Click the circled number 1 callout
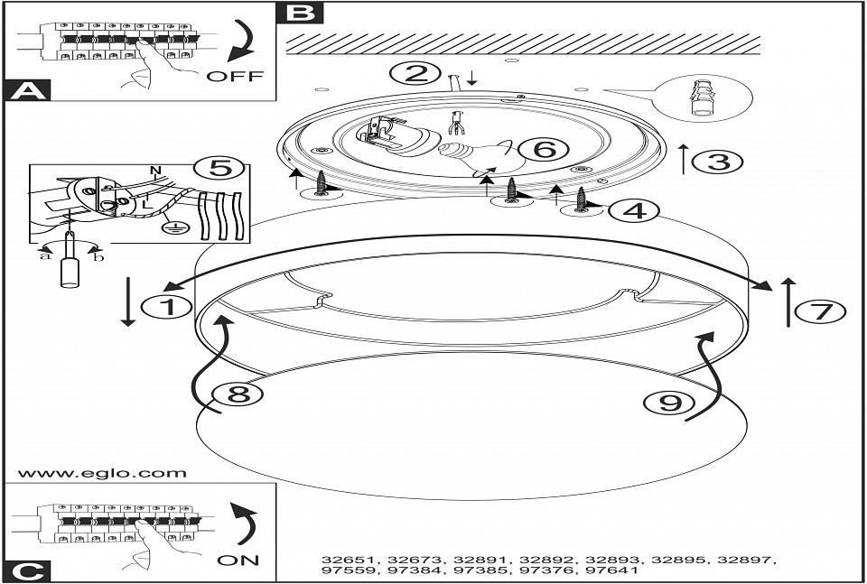pos(167,307)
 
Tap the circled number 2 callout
pos(415,73)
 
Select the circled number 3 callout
pos(717,162)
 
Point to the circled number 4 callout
pos(634,210)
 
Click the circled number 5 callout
pos(219,168)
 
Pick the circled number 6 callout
pos(544,149)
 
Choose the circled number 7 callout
pos(820,311)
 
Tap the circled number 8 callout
pos(238,394)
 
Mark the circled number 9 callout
pos(669,403)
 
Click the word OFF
pos(235,76)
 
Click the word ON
pos(238,560)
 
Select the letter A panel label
pos(29,90)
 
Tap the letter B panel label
pos(300,12)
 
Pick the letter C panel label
pos(28,571)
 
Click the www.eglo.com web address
pos(102,474)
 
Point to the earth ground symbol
pos(174,227)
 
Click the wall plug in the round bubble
pos(701,97)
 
